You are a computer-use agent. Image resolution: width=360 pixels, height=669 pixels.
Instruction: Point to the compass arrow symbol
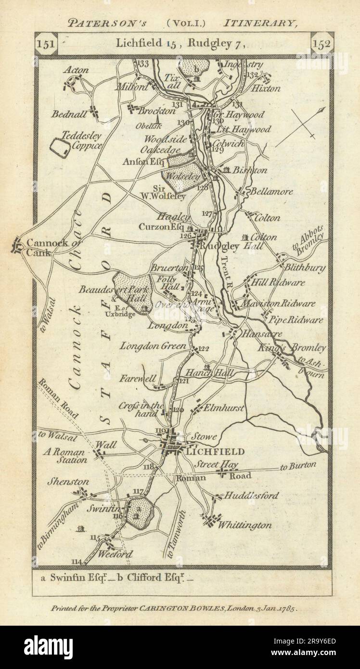point(301,126)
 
